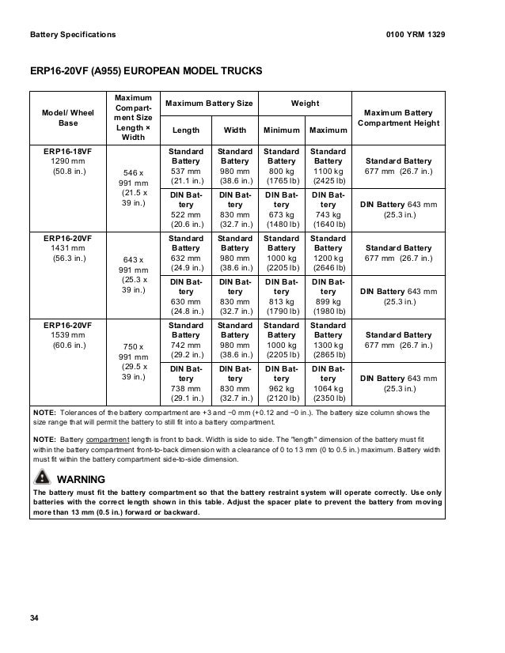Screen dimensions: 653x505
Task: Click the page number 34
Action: click(x=33, y=617)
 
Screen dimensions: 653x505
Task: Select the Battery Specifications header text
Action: click(x=72, y=35)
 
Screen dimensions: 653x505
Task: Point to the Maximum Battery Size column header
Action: click(x=210, y=104)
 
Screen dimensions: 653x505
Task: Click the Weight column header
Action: click(x=306, y=104)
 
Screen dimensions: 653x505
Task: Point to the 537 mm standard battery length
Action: click(x=186, y=171)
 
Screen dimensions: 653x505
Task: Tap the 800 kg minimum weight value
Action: click(x=281, y=171)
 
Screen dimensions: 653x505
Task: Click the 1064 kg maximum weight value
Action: click(x=328, y=389)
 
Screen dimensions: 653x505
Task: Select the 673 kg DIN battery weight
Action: click(x=281, y=214)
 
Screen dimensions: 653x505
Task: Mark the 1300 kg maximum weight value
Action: click(x=328, y=345)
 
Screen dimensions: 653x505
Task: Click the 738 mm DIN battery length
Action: click(x=186, y=389)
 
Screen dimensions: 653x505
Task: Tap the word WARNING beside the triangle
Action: click(x=82, y=479)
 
